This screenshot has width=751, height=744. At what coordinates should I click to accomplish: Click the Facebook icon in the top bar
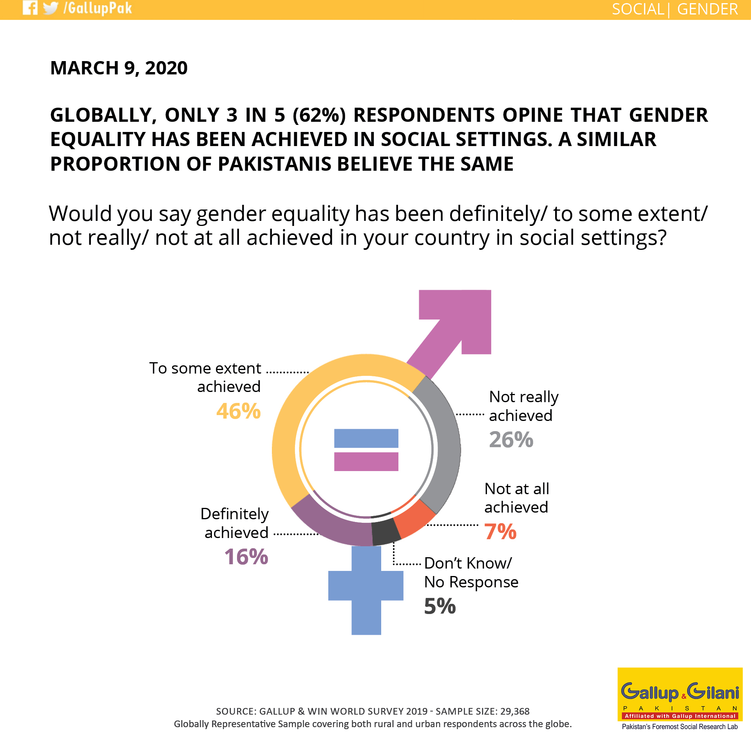tap(30, 7)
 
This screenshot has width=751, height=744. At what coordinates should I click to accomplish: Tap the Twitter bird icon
tap(51, 8)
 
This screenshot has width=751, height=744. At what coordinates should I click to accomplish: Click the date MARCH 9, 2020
tap(119, 68)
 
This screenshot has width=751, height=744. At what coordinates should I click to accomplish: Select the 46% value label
tap(238, 411)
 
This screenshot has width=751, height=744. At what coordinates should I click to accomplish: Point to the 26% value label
tap(511, 439)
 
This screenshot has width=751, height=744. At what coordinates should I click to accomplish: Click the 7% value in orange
tap(500, 532)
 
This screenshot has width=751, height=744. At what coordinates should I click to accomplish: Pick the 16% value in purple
tap(246, 557)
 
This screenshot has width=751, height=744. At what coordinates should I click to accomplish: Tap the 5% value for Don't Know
tap(440, 606)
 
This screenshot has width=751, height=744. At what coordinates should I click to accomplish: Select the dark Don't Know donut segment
tap(385, 532)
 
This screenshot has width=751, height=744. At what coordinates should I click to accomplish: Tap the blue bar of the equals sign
tap(366, 438)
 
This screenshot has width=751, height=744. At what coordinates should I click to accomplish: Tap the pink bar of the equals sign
tap(366, 461)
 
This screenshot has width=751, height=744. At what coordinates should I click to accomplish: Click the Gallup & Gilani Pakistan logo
tap(680, 699)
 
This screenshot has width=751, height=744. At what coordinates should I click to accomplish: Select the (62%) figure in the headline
tap(319, 115)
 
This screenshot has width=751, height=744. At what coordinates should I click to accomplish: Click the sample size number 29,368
tap(515, 711)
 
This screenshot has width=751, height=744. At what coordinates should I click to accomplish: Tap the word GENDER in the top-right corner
tap(707, 9)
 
